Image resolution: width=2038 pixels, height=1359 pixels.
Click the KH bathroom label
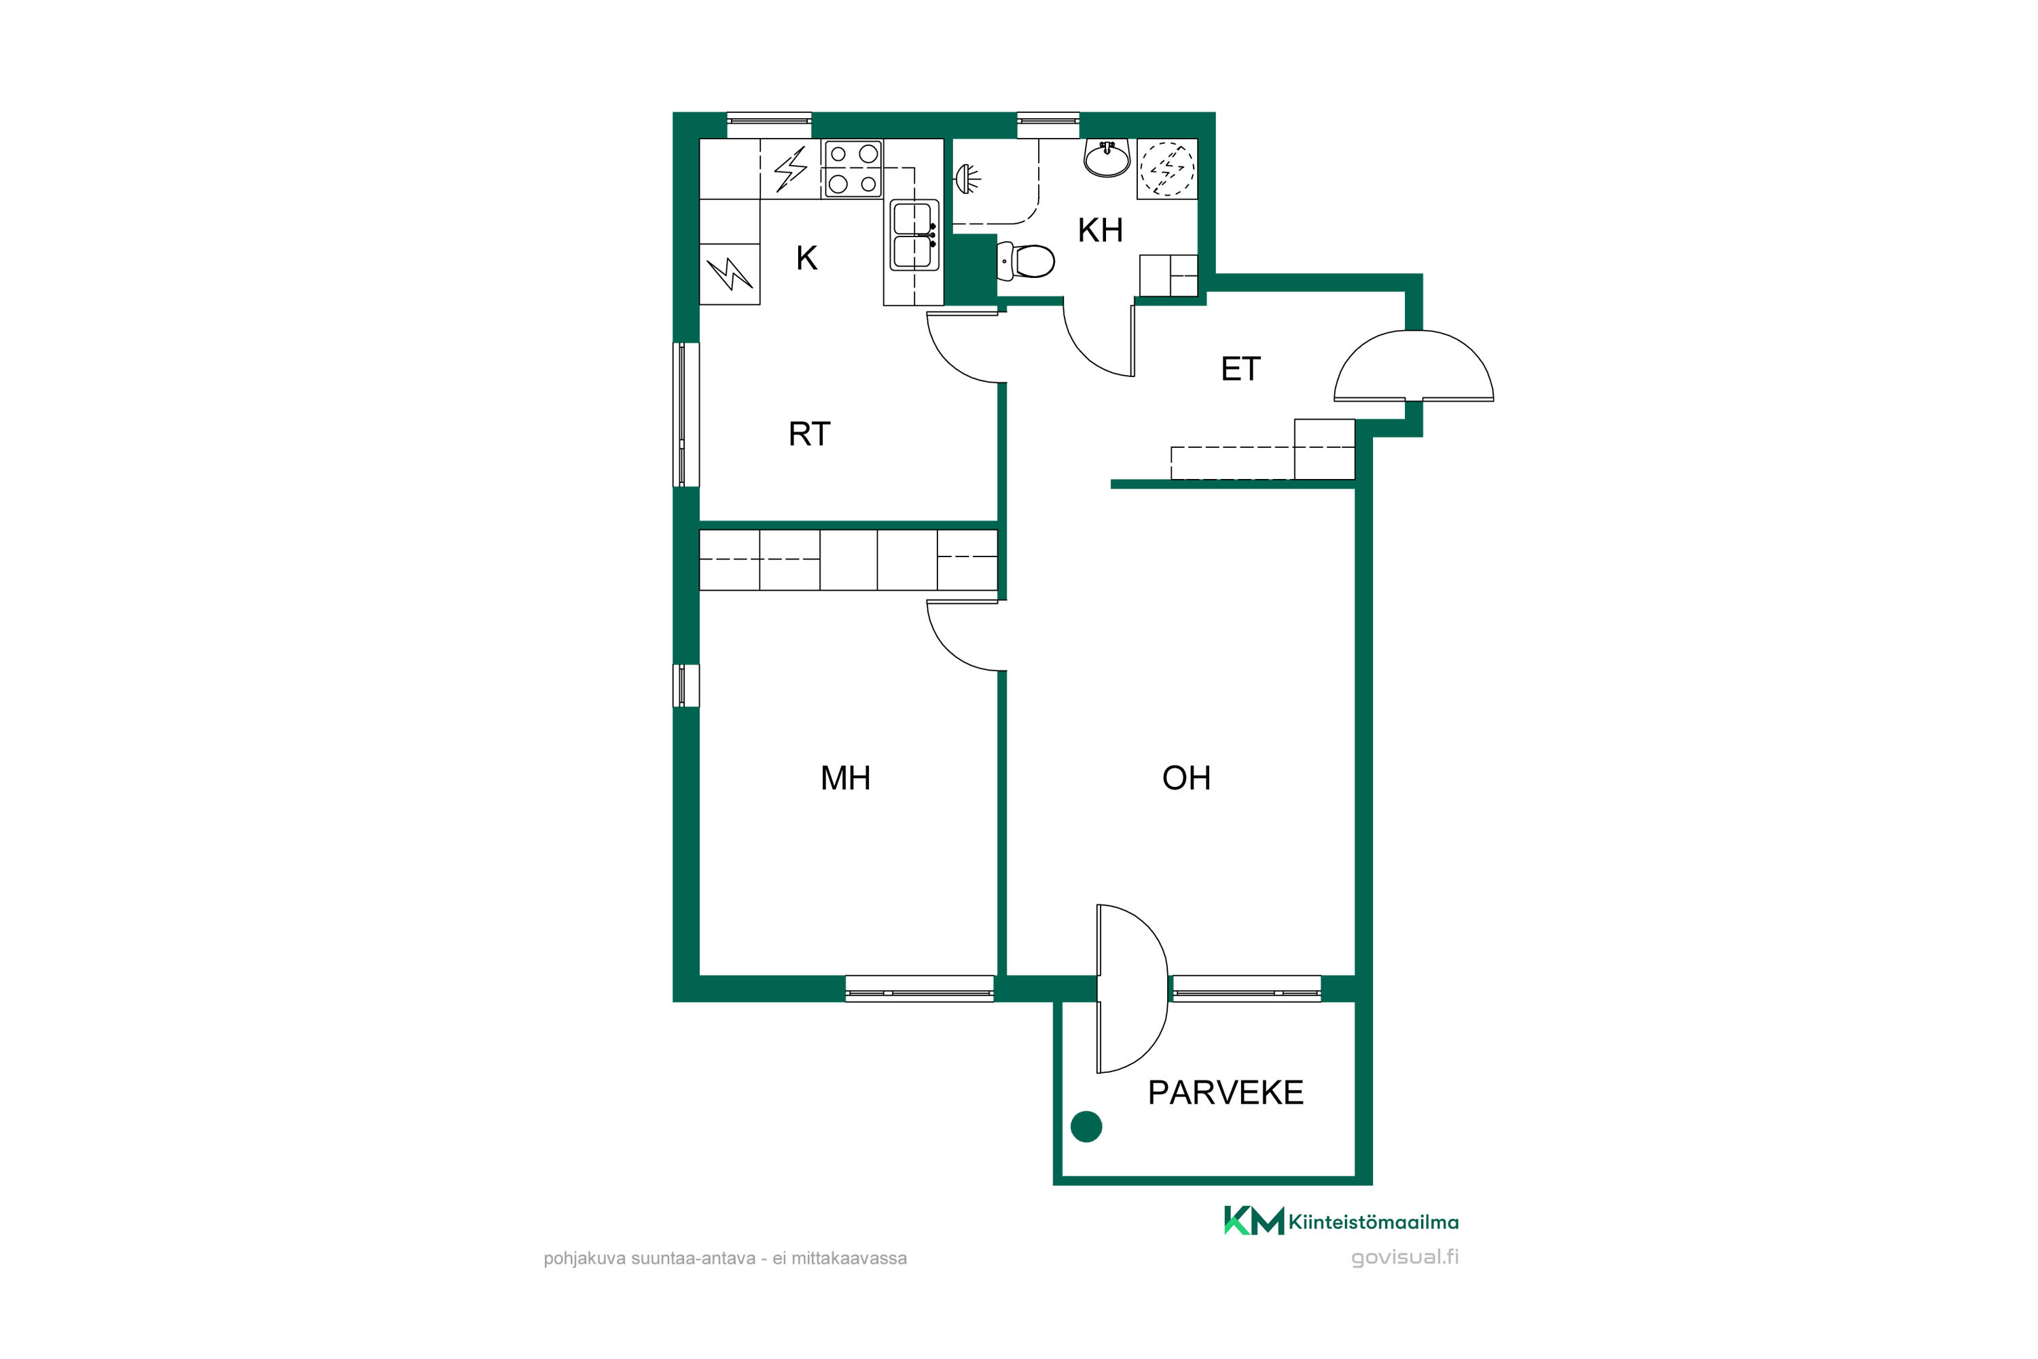(1100, 230)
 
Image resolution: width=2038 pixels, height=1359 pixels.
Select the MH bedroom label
(845, 778)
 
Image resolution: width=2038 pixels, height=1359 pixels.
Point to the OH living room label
(1186, 778)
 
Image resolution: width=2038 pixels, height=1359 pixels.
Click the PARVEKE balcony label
(1226, 1093)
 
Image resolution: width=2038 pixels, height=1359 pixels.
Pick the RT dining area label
(809, 434)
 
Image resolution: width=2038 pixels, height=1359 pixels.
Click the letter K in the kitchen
(807, 258)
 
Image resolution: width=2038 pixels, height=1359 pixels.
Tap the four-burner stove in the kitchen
(853, 169)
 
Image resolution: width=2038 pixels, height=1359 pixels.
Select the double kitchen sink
(914, 235)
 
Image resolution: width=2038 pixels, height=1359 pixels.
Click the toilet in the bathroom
(1026, 261)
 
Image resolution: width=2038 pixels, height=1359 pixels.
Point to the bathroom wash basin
(1107, 158)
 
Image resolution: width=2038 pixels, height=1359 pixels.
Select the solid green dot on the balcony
(1086, 1127)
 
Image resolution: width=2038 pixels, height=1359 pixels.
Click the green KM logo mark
(1254, 1220)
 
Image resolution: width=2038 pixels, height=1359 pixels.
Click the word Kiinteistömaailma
(1374, 1222)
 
